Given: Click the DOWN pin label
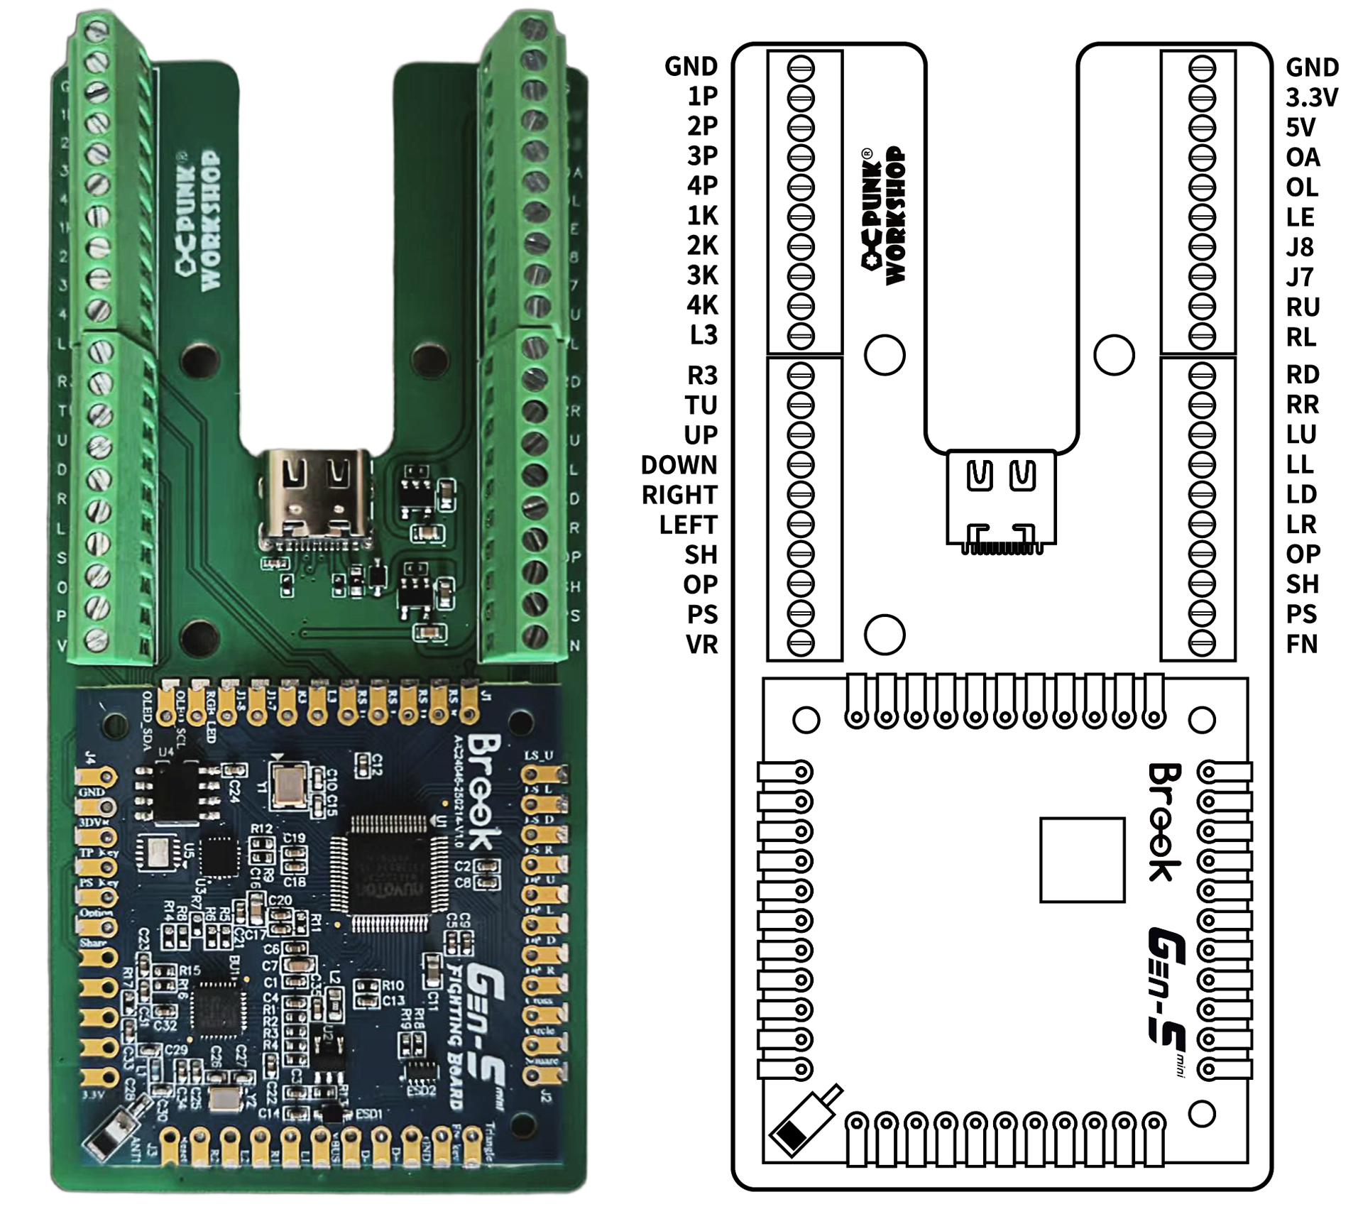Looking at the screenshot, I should (x=679, y=465).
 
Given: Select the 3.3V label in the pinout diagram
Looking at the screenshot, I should (x=1311, y=97).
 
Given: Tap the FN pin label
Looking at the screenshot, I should (x=1301, y=644).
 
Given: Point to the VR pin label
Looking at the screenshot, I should (x=701, y=645).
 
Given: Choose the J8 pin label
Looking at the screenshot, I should (x=1300, y=247).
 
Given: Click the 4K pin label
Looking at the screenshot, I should (x=701, y=305).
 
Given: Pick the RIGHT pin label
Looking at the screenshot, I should (x=679, y=495).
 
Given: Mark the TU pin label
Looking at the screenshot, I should (x=701, y=405).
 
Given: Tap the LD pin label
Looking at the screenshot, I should (x=1301, y=494).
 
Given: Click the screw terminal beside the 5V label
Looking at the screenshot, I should (x=1201, y=128).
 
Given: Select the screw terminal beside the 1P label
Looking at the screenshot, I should (x=800, y=98).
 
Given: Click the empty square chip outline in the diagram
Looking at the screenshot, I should (x=1082, y=860).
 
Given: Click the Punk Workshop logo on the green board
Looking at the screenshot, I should (x=198, y=220).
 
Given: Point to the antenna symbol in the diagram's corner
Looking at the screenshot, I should (x=804, y=1121).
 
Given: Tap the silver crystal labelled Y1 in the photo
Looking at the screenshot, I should (x=289, y=784).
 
